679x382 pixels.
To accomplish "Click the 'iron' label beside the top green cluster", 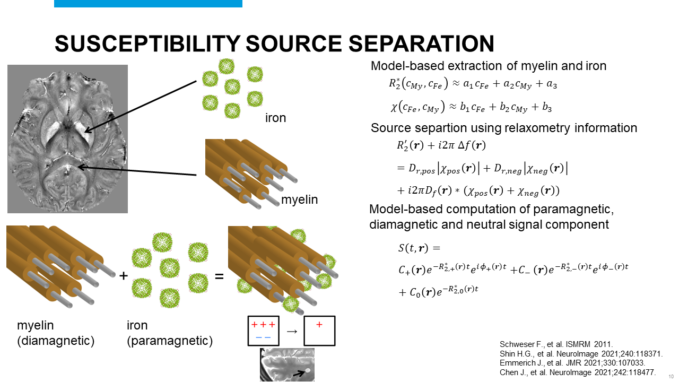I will click(275, 118).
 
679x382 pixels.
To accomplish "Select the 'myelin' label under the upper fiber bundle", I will click(300, 200).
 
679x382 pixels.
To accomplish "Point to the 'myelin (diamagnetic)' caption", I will click(56, 333).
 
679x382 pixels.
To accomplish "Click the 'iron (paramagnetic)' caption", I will click(170, 333).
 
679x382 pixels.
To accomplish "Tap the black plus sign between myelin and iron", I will click(124, 276).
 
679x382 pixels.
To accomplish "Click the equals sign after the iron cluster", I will click(219, 276).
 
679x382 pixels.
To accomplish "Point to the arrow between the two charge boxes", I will click(292, 332).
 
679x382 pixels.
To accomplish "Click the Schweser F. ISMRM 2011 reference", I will click(552, 343).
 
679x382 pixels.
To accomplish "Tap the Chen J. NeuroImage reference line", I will click(578, 372).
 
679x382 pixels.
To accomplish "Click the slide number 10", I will click(671, 376).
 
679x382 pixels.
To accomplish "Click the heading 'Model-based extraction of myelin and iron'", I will click(488, 66).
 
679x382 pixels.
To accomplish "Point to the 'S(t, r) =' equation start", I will click(419, 248).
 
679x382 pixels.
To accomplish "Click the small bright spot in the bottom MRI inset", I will click(307, 370).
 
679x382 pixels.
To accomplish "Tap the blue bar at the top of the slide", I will click(148, 3).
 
